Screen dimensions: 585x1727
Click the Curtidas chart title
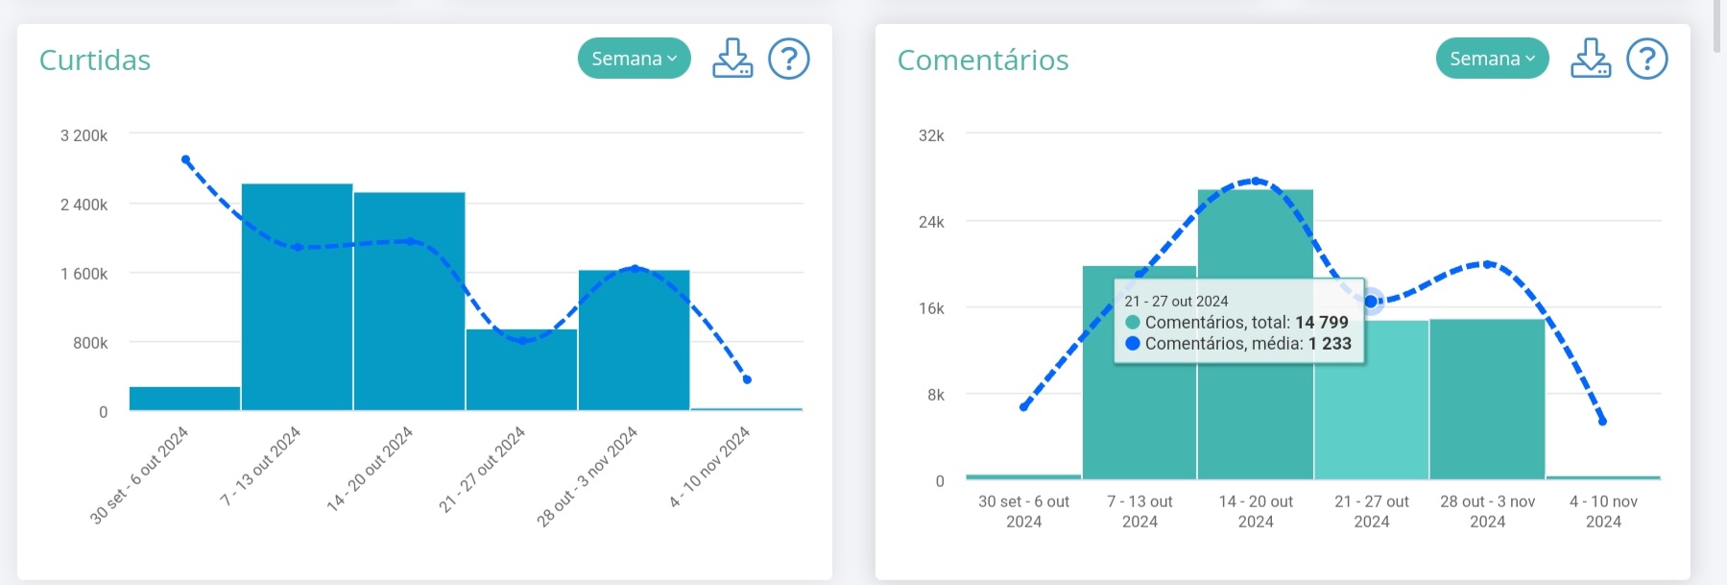pyautogui.click(x=95, y=60)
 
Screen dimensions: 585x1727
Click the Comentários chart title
pyautogui.click(x=983, y=60)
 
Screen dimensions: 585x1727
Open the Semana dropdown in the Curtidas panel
pyautogui.click(x=634, y=59)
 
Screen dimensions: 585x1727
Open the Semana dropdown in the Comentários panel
pyautogui.click(x=1492, y=59)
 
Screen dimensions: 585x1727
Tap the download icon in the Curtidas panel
pyautogui.click(x=732, y=59)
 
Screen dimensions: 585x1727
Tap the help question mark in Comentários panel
pyautogui.click(x=1646, y=59)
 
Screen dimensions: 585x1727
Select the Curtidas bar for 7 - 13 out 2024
pyautogui.click(x=297, y=298)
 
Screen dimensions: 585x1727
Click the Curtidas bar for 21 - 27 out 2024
pyautogui.click(x=521, y=370)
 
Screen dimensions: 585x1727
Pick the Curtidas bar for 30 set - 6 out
pyautogui.click(x=184, y=399)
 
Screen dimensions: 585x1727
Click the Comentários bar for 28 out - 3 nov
pyautogui.click(x=1487, y=399)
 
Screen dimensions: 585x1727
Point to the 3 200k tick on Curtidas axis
pyautogui.click(x=84, y=135)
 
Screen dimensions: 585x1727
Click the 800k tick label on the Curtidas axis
pyautogui.click(x=90, y=343)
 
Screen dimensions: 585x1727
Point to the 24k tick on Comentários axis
pyautogui.click(x=931, y=222)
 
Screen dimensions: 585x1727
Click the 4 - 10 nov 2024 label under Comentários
pyautogui.click(x=1603, y=511)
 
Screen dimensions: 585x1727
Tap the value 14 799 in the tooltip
pyautogui.click(x=1322, y=323)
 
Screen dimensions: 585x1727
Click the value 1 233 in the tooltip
pyautogui.click(x=1330, y=344)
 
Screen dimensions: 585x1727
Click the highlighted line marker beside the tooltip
pyautogui.click(x=1372, y=302)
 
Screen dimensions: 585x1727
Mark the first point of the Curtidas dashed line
pyautogui.click(x=185, y=159)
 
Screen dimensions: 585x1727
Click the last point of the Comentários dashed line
pyautogui.click(x=1602, y=421)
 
